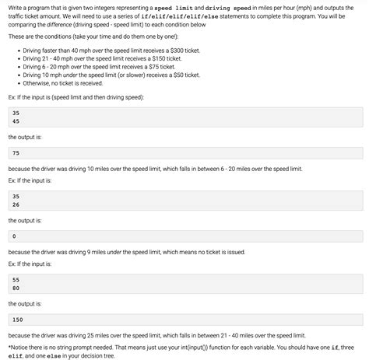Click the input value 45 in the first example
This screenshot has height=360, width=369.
click(16, 121)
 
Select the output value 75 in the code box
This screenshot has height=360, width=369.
click(16, 153)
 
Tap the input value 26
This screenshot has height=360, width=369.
click(16, 204)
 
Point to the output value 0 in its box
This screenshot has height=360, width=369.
click(15, 236)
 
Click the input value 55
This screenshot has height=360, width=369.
click(16, 279)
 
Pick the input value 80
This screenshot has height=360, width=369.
click(16, 288)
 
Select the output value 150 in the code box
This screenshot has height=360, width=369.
click(19, 320)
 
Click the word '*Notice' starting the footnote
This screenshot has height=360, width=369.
click(18, 348)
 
